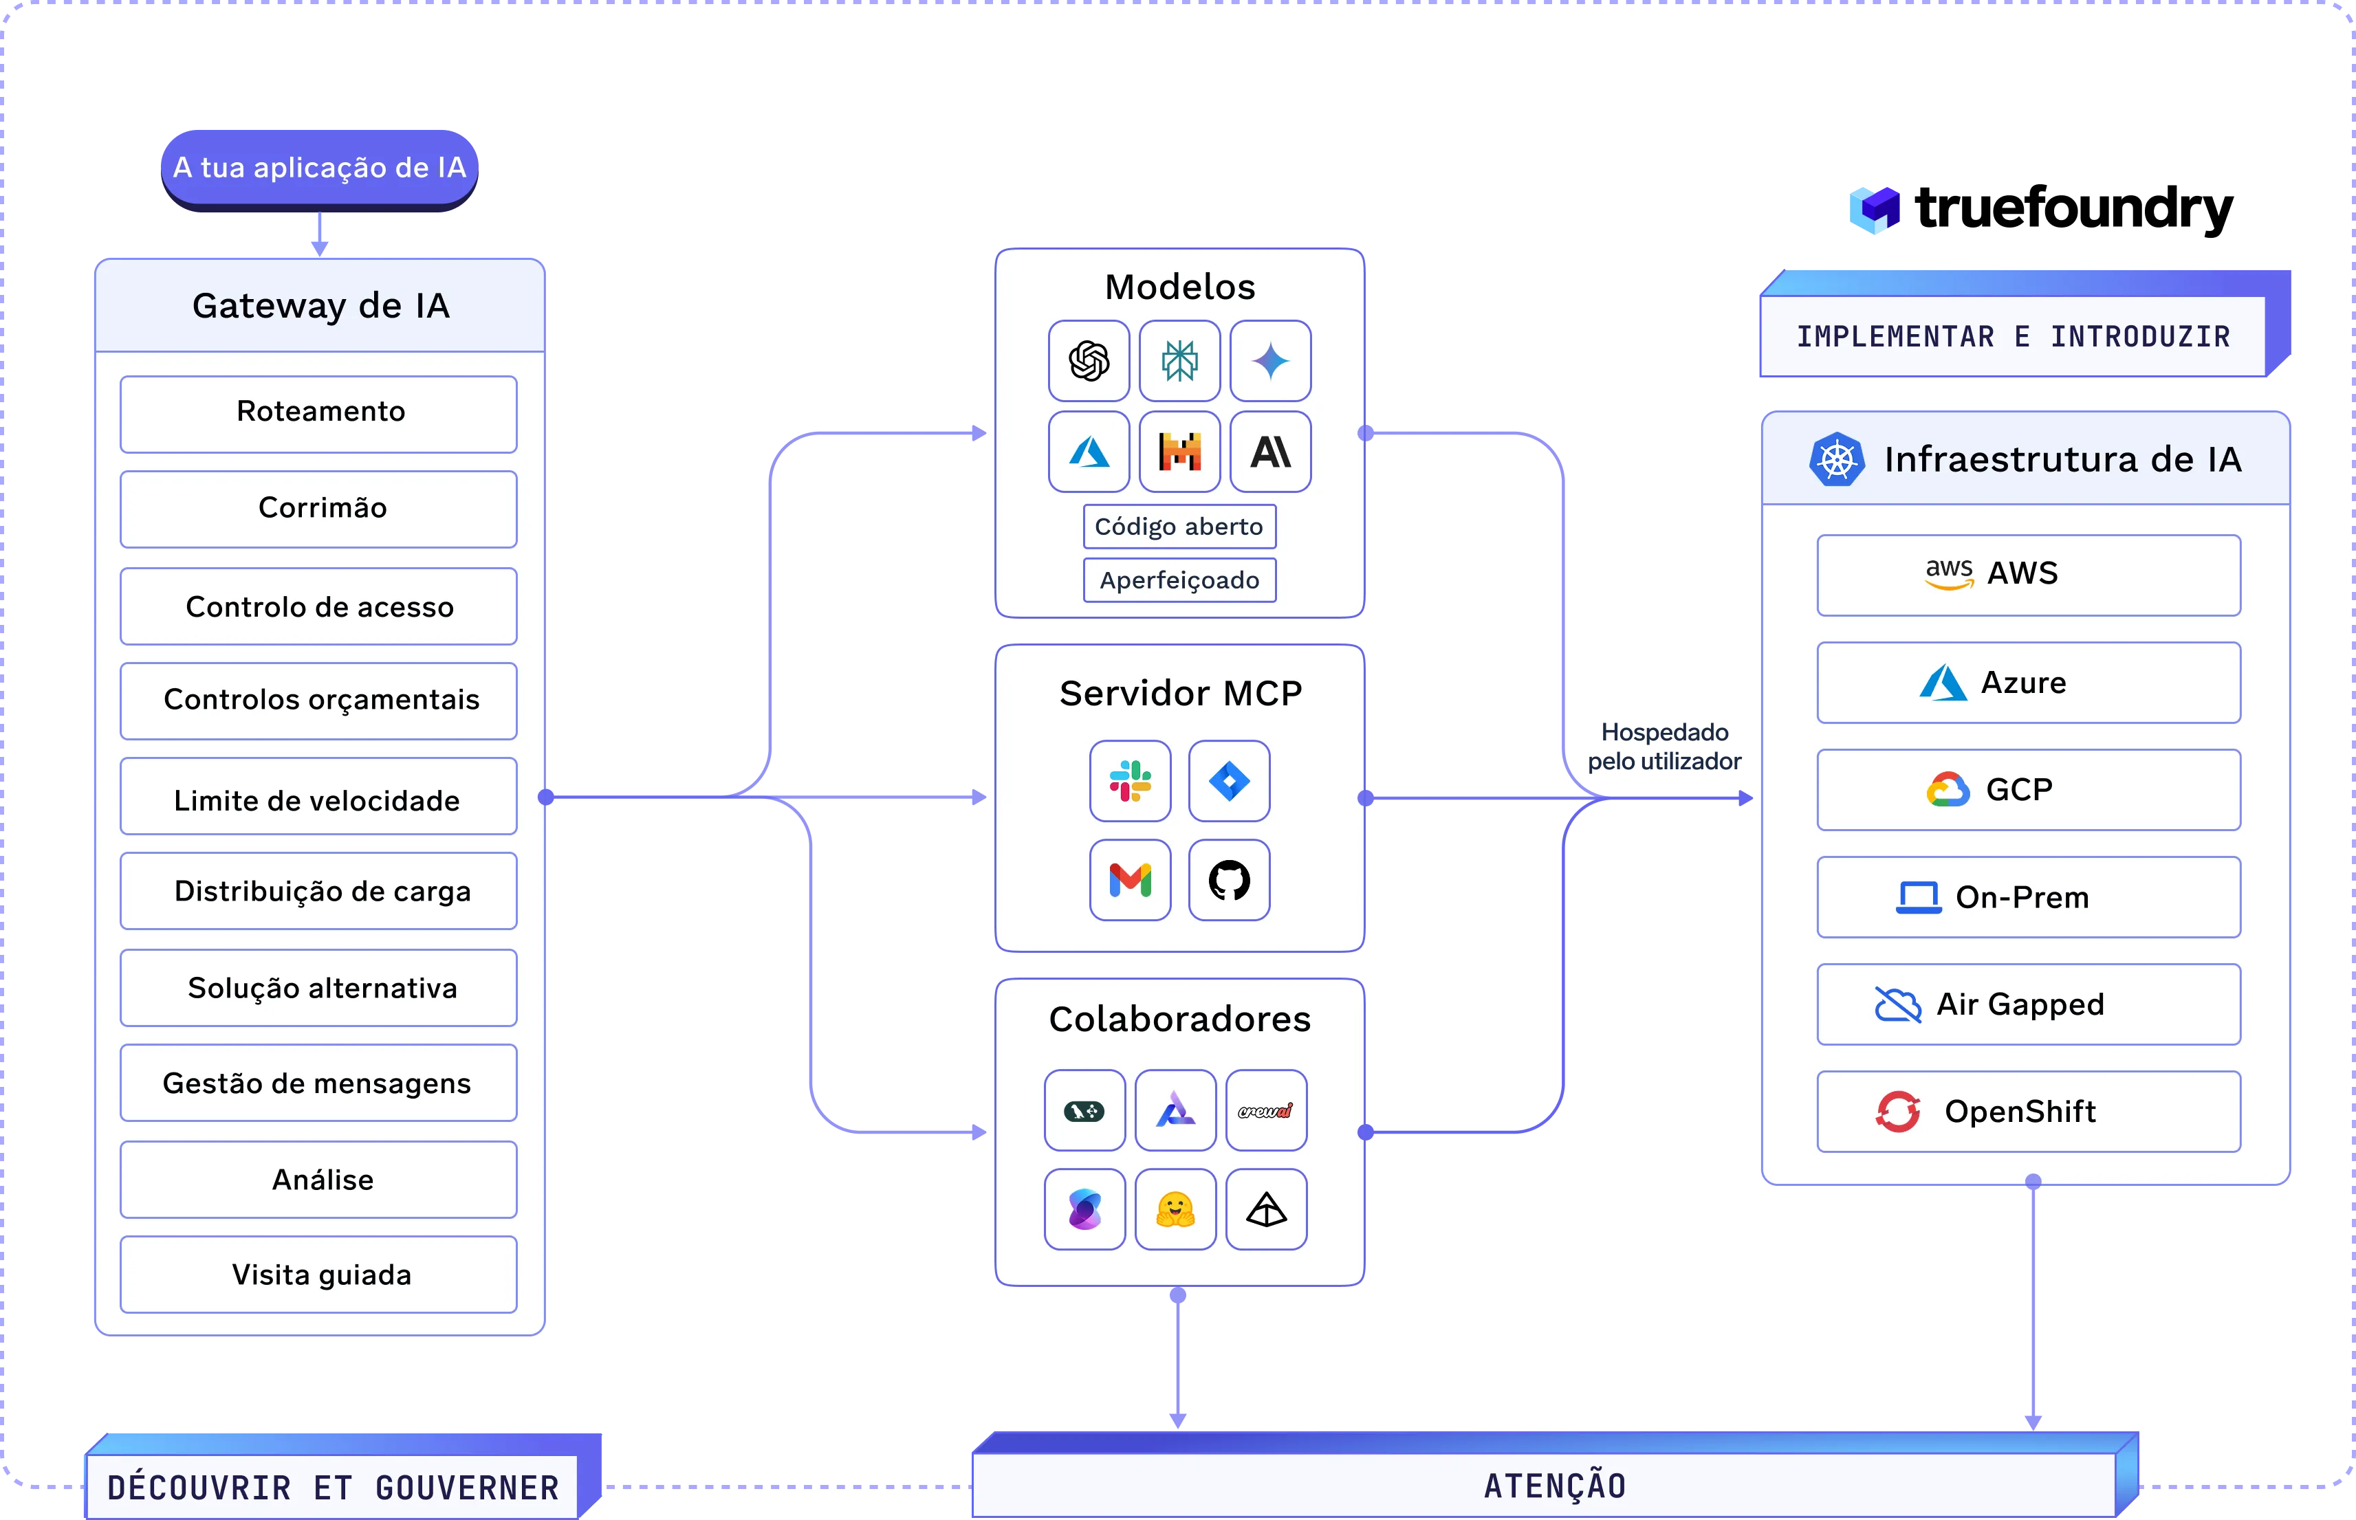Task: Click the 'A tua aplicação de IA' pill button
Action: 319,169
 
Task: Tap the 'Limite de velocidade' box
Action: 319,797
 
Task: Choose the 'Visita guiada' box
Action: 319,1275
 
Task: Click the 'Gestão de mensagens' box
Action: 319,1083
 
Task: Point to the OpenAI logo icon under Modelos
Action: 1089,361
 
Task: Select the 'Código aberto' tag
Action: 1179,526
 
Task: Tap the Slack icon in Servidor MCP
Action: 1130,781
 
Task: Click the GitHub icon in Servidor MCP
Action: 1229,879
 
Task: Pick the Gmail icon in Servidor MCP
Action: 1130,879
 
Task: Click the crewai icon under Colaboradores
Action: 1266,1110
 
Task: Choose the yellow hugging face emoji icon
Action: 1175,1209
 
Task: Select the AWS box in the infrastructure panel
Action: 2028,575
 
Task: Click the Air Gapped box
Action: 2028,1004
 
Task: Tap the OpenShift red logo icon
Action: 1897,1112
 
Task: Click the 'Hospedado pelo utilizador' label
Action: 1664,746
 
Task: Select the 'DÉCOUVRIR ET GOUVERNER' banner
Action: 342,1477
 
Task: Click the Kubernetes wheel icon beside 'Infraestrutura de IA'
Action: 1837,459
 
